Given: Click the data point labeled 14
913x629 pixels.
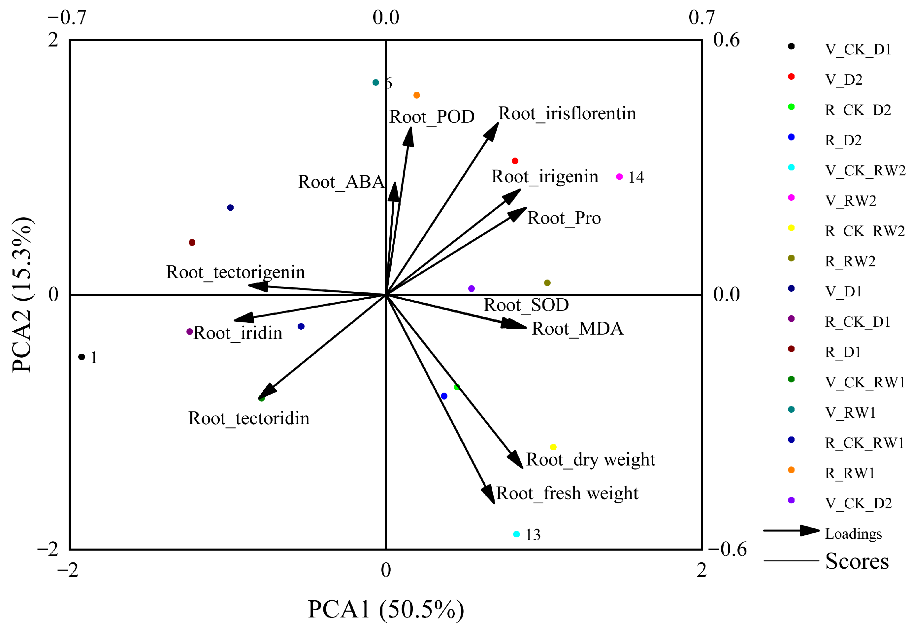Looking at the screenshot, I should point(619,177).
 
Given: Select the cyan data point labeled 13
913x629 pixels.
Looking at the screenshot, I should point(516,534).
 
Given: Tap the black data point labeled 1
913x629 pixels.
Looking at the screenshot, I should point(82,357).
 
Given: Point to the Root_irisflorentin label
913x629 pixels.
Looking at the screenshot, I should point(567,114).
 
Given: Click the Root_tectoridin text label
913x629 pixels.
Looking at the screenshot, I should point(249,418).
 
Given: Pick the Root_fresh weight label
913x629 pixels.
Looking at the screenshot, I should point(567,493).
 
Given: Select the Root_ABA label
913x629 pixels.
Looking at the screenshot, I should point(341,182).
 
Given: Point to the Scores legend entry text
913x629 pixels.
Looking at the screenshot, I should point(857,561).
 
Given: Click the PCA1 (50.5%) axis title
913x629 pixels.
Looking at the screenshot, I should point(386,609).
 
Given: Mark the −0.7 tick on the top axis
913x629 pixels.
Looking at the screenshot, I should point(67,18).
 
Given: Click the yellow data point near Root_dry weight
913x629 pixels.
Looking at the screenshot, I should point(553,447).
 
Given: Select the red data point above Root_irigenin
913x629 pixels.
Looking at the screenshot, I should point(515,161).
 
